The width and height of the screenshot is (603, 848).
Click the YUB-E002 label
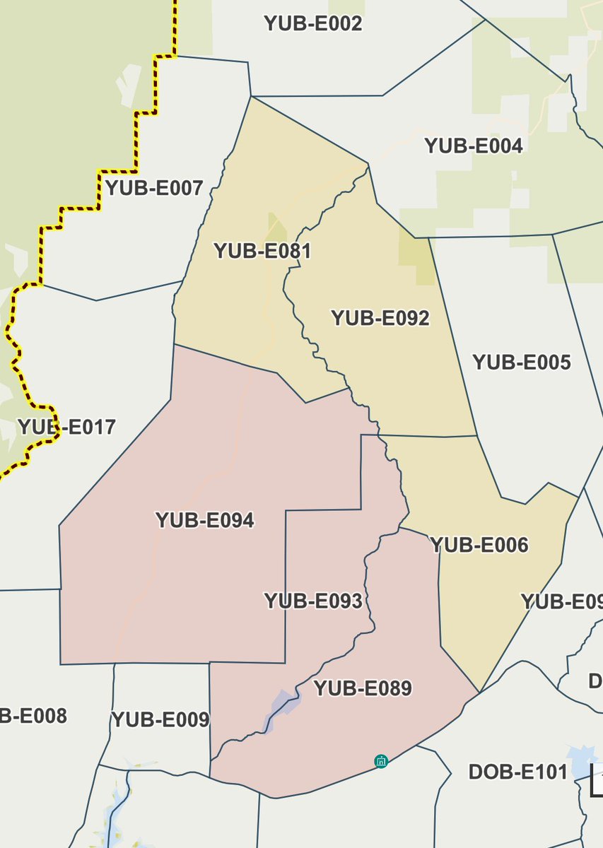click(313, 23)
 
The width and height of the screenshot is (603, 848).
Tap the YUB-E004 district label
click(474, 146)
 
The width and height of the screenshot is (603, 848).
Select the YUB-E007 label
click(154, 188)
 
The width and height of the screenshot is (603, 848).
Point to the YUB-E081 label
click(262, 251)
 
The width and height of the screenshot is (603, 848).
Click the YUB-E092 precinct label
click(380, 318)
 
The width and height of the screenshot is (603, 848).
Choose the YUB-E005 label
click(522, 363)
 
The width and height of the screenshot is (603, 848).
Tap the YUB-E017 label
click(66, 427)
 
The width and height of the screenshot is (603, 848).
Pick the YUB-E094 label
click(205, 521)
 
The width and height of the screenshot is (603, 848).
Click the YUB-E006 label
click(480, 545)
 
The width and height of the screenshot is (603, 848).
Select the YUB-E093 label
click(313, 601)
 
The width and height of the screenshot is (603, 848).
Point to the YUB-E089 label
click(363, 688)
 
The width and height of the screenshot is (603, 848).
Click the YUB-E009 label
click(160, 720)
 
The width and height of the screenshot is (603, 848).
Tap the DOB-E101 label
click(518, 772)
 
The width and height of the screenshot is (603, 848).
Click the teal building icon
click(381, 761)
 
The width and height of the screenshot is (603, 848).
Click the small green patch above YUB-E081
click(277, 226)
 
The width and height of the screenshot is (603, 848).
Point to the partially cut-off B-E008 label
click(33, 716)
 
